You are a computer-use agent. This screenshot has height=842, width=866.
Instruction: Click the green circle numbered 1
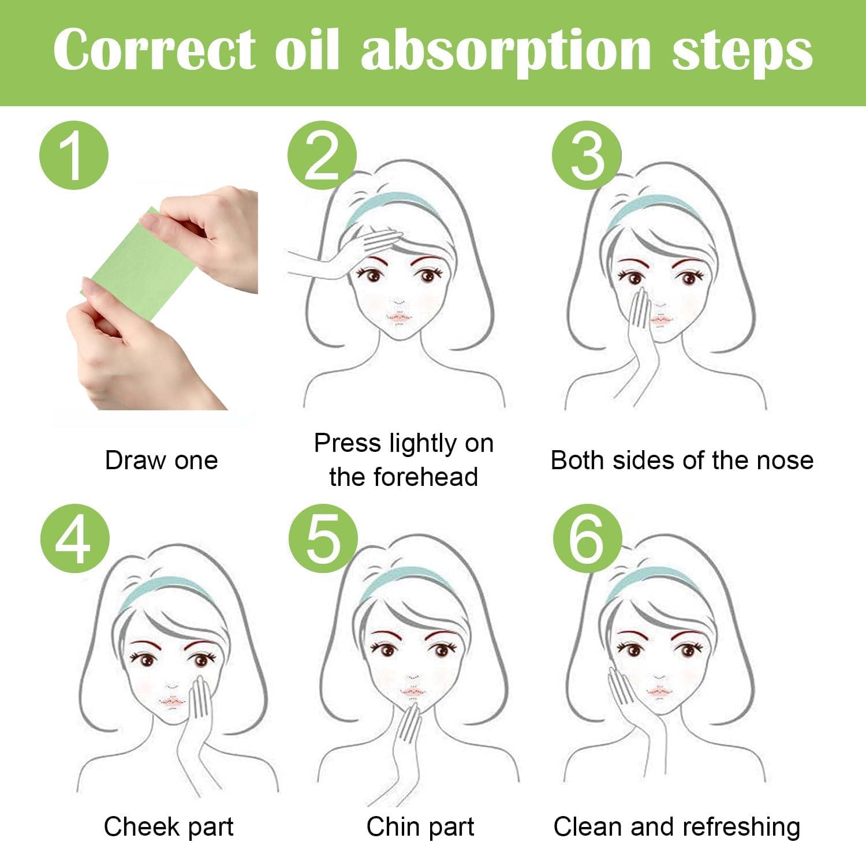click(74, 156)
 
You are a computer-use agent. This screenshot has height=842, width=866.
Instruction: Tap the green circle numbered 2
click(322, 156)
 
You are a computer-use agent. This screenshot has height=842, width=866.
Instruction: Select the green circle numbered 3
click(587, 156)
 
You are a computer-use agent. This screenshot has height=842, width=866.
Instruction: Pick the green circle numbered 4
click(74, 539)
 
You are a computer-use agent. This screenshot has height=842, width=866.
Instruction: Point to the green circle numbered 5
click(323, 539)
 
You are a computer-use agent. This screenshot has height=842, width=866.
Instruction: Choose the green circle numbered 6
click(587, 539)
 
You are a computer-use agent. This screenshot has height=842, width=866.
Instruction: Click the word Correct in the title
click(154, 51)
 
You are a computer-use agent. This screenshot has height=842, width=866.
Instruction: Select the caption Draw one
click(161, 461)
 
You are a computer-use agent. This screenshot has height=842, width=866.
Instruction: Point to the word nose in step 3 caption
click(787, 461)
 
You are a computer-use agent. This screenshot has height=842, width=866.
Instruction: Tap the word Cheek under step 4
click(136, 826)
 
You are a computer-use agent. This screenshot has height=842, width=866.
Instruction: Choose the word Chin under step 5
click(391, 826)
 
